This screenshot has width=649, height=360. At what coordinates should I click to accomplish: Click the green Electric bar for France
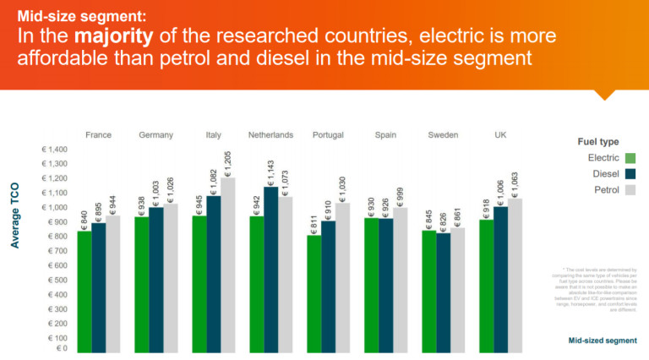pyautogui.click(x=85, y=292)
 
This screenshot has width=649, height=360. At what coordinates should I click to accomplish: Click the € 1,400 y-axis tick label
pyautogui.click(x=54, y=149)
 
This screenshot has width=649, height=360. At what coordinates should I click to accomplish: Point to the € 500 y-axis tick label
pyautogui.click(x=57, y=280)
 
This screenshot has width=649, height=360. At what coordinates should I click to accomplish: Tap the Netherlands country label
pyautogui.click(x=270, y=134)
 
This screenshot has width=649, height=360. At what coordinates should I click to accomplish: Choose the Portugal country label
pyautogui.click(x=328, y=134)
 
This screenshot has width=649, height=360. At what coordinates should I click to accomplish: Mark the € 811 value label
pyautogui.click(x=314, y=222)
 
